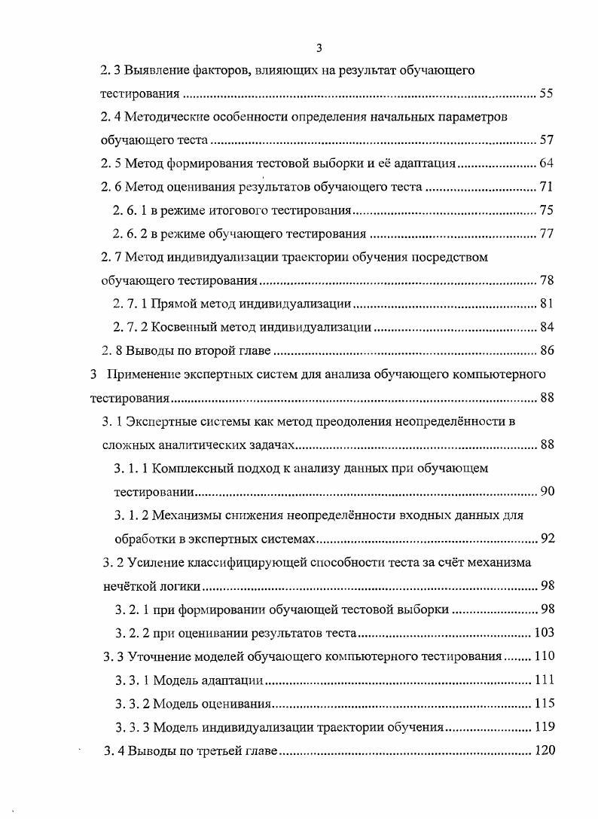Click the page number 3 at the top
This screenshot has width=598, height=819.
(x=319, y=48)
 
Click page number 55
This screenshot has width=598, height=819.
(x=547, y=95)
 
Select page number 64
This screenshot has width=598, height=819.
(x=547, y=163)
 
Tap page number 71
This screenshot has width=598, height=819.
(x=547, y=187)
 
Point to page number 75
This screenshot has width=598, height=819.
(x=547, y=210)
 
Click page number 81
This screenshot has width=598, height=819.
(x=547, y=304)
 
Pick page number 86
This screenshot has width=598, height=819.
(x=547, y=350)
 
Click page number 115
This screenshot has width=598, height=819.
(x=544, y=703)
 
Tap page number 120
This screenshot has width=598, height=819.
(x=544, y=750)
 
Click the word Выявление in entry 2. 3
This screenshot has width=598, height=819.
(x=157, y=71)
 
